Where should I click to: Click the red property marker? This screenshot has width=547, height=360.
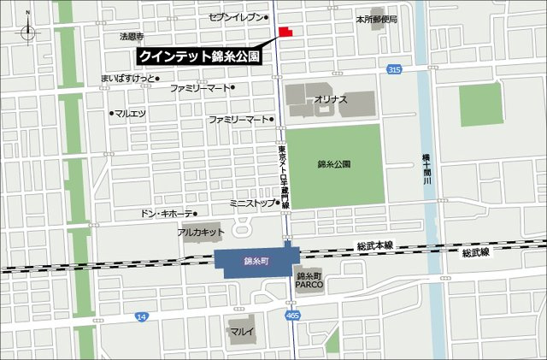(284, 32)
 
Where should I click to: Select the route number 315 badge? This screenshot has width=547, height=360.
(393, 69)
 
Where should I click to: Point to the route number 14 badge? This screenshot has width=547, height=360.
(141, 316)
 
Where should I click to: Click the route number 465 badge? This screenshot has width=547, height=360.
(292, 316)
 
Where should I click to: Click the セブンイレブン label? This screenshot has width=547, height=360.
(238, 17)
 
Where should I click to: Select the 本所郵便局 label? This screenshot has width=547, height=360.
(378, 18)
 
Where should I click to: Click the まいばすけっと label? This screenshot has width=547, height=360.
(129, 78)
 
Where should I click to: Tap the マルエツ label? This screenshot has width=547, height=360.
(132, 112)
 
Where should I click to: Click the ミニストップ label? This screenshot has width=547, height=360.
(252, 204)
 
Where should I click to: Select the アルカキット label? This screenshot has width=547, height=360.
(201, 232)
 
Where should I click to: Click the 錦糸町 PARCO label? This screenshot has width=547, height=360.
(308, 280)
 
